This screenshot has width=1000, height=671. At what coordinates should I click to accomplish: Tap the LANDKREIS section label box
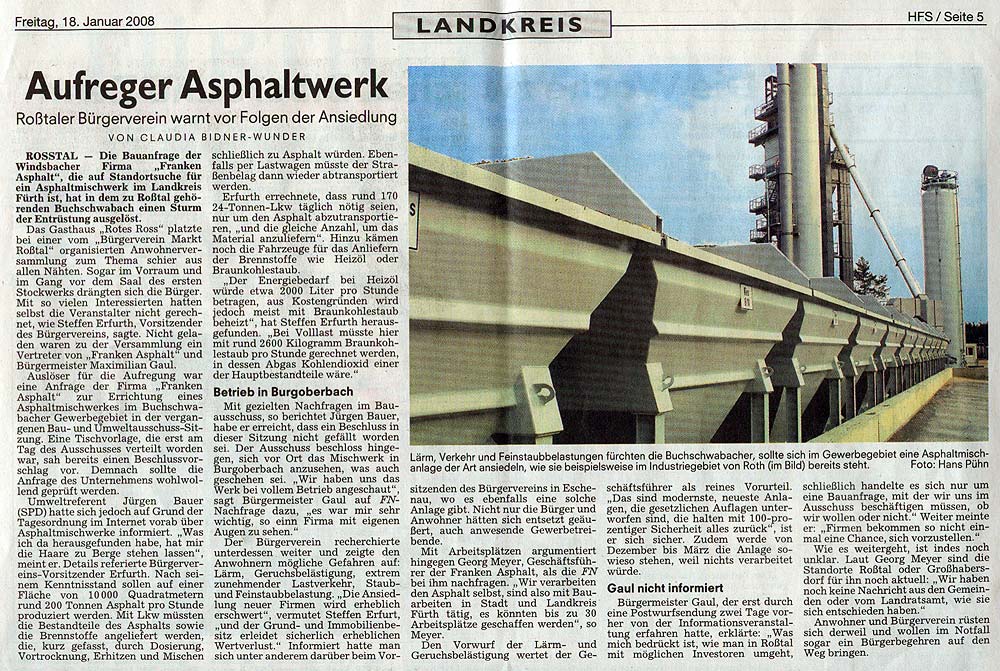pyautogui.click(x=501, y=25)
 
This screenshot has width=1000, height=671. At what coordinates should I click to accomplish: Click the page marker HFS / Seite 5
pyautogui.click(x=945, y=17)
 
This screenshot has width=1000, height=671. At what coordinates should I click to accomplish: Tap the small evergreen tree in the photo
pyautogui.click(x=870, y=280)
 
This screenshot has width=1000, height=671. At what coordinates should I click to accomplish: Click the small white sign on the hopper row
pyautogui.click(x=745, y=296)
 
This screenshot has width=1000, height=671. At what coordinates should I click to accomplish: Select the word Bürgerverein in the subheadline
pyautogui.click(x=154, y=117)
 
